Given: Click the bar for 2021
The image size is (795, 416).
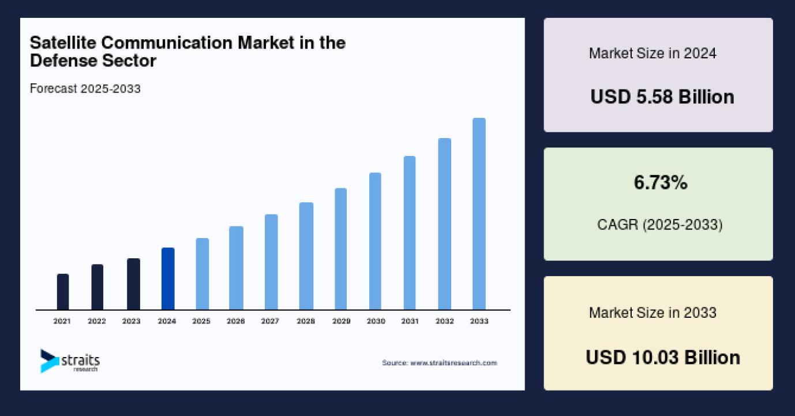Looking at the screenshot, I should (x=63, y=292).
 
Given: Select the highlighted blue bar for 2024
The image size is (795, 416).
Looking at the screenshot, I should (x=167, y=278).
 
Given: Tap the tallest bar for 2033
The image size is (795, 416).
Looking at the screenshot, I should (x=479, y=214).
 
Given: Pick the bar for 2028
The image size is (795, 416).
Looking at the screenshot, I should (x=306, y=256).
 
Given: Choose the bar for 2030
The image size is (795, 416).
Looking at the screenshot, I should (x=375, y=241).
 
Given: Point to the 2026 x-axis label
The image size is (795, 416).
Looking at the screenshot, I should (x=235, y=321).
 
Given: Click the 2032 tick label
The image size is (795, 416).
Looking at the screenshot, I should (x=444, y=321).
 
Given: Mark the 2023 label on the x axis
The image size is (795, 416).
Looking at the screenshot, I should (x=132, y=321).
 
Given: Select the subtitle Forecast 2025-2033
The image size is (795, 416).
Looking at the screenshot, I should (x=85, y=89).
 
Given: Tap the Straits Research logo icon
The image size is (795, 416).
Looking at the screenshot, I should (x=50, y=361).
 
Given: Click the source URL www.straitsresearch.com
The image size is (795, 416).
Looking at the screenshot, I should (x=453, y=363).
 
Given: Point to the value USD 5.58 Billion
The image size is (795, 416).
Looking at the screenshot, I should (x=662, y=96).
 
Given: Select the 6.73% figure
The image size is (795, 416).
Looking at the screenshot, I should (x=661, y=183).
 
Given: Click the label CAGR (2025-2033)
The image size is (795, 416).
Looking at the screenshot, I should (x=659, y=224).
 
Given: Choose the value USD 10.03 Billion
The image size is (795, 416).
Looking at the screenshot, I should (x=662, y=357).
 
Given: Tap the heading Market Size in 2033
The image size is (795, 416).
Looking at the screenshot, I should (x=652, y=313).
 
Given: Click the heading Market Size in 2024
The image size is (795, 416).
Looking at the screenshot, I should (x=652, y=54).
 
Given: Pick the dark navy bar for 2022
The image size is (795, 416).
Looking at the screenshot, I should (x=97, y=287).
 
